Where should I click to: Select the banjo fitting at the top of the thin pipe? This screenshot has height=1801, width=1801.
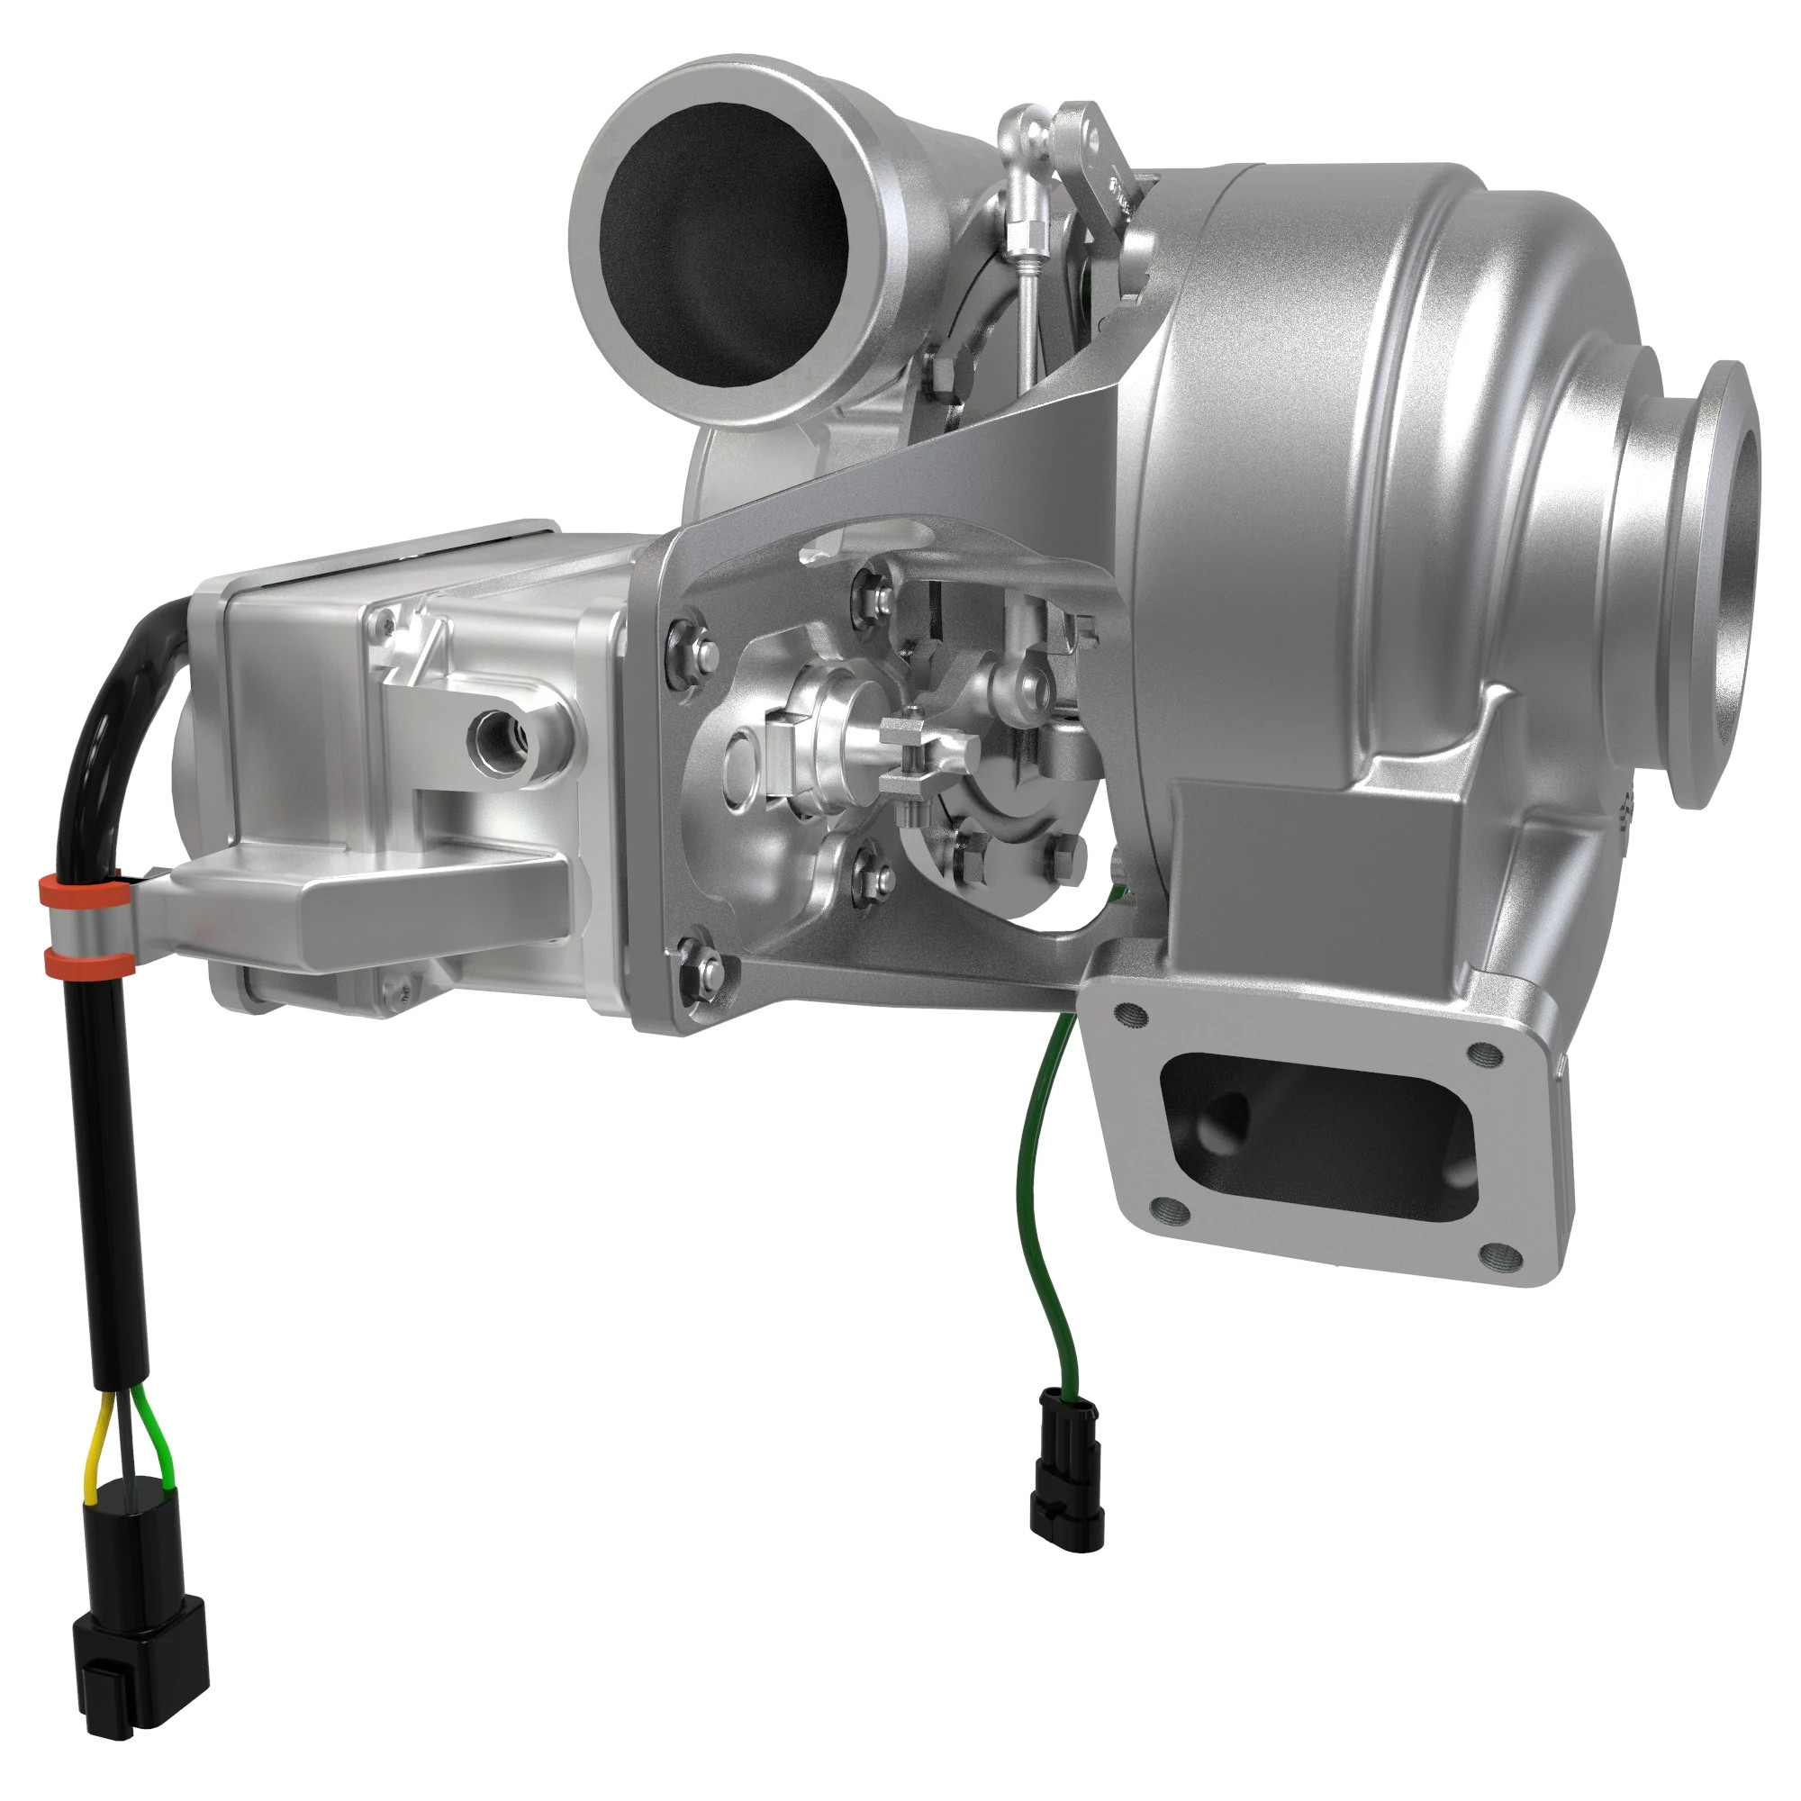coord(1024,131)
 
